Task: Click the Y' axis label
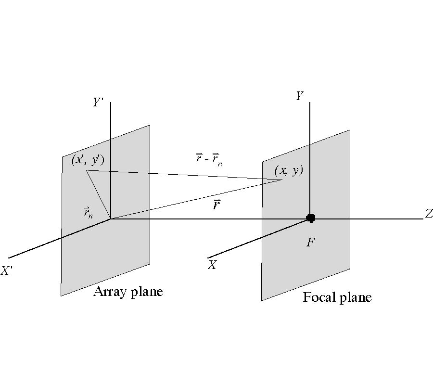(99, 102)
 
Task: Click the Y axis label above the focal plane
(299, 96)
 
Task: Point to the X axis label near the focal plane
(212, 265)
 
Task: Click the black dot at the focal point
(311, 218)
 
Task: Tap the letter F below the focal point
(310, 242)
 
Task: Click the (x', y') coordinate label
(90, 160)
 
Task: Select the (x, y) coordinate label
(289, 170)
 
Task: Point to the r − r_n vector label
(209, 160)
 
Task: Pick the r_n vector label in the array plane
(89, 212)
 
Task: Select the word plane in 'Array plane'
(146, 292)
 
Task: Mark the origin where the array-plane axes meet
(111, 219)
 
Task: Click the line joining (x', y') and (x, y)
(183, 175)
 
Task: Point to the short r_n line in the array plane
(99, 194)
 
